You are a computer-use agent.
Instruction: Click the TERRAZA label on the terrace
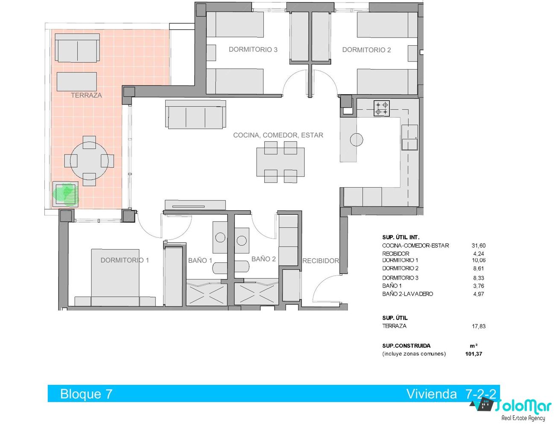tap(86, 95)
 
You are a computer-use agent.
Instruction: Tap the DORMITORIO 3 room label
tap(253, 49)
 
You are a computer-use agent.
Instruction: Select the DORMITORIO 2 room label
tap(366, 50)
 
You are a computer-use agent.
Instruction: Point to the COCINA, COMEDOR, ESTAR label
tap(278, 135)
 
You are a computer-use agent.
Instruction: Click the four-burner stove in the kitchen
tap(382, 108)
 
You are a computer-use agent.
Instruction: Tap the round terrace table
tap(89, 161)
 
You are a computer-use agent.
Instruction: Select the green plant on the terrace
tap(65, 194)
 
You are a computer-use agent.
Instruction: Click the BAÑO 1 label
tap(200, 260)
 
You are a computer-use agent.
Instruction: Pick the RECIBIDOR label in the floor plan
tap(321, 261)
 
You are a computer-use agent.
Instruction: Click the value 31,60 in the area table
tap(479, 245)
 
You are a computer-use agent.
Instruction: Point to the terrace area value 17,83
tap(479, 326)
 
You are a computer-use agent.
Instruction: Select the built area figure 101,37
tap(473, 354)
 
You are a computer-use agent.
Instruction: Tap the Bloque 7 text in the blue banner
tap(86, 394)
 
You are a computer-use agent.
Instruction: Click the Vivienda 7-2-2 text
tap(451, 394)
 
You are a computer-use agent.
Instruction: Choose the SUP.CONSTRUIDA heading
tap(406, 346)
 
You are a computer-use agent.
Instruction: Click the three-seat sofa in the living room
tap(196, 114)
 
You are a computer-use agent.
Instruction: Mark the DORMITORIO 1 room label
tap(125, 260)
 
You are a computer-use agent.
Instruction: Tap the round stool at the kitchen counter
tap(356, 140)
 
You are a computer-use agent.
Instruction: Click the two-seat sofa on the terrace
tap(77, 48)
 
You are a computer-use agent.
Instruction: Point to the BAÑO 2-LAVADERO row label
tap(407, 294)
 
